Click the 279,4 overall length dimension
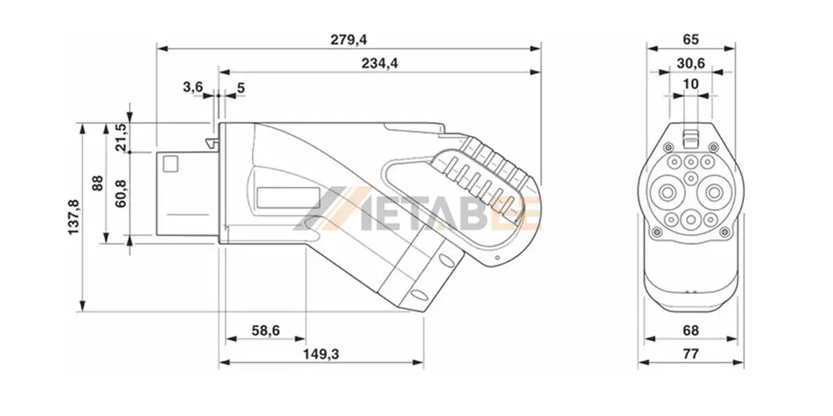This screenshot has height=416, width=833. pos(348,40)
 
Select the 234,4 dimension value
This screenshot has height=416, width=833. pos(379,63)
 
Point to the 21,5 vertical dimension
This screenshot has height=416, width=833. pos(121,137)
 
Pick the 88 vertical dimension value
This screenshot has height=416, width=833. pos(97,183)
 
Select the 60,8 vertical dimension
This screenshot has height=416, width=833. pos(121,194)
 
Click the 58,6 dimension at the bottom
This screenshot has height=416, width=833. pos(265,331)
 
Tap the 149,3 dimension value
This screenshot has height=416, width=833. pos(321,354)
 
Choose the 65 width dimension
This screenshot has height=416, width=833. pos(691,40)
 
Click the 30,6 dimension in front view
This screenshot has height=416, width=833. pos(691,63)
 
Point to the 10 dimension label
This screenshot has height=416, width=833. pos(691,84)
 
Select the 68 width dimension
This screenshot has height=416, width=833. pos(691,331)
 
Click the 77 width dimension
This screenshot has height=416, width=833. pos(691,354)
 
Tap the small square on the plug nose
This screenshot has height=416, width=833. pos(170,164)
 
